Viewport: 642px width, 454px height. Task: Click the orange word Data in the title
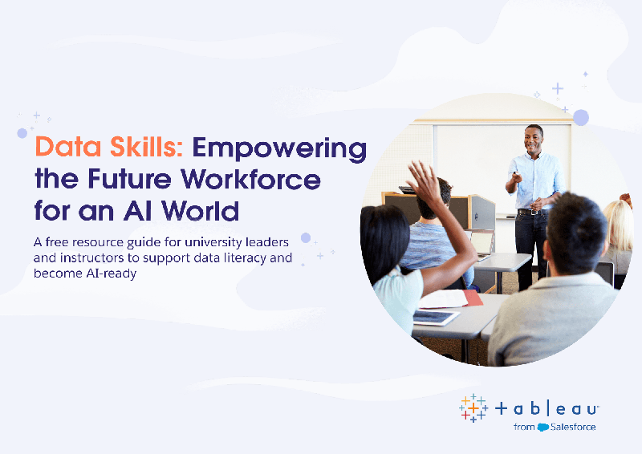coord(68,147)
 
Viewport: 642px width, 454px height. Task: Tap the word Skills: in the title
coord(146,146)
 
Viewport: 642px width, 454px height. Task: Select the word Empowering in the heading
coord(279,149)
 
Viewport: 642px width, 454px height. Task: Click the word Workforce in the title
coord(251,179)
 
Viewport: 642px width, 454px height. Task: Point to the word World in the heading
coord(200,210)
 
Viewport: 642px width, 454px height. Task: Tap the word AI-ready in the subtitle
coord(111,274)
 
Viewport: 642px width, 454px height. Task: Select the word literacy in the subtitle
coord(244,258)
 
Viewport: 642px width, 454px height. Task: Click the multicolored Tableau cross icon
coord(473,408)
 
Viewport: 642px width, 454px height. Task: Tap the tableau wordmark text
coord(547,408)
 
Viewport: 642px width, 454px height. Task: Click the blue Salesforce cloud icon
coord(543,427)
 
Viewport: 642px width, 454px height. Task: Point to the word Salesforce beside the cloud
coord(573,427)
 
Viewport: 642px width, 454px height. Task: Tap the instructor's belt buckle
coord(533,212)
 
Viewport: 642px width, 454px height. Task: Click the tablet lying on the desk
coord(437,317)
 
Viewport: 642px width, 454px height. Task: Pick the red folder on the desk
coord(473,298)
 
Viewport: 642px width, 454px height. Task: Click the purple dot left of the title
coord(22,132)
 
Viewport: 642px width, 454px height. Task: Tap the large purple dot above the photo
coord(580,117)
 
